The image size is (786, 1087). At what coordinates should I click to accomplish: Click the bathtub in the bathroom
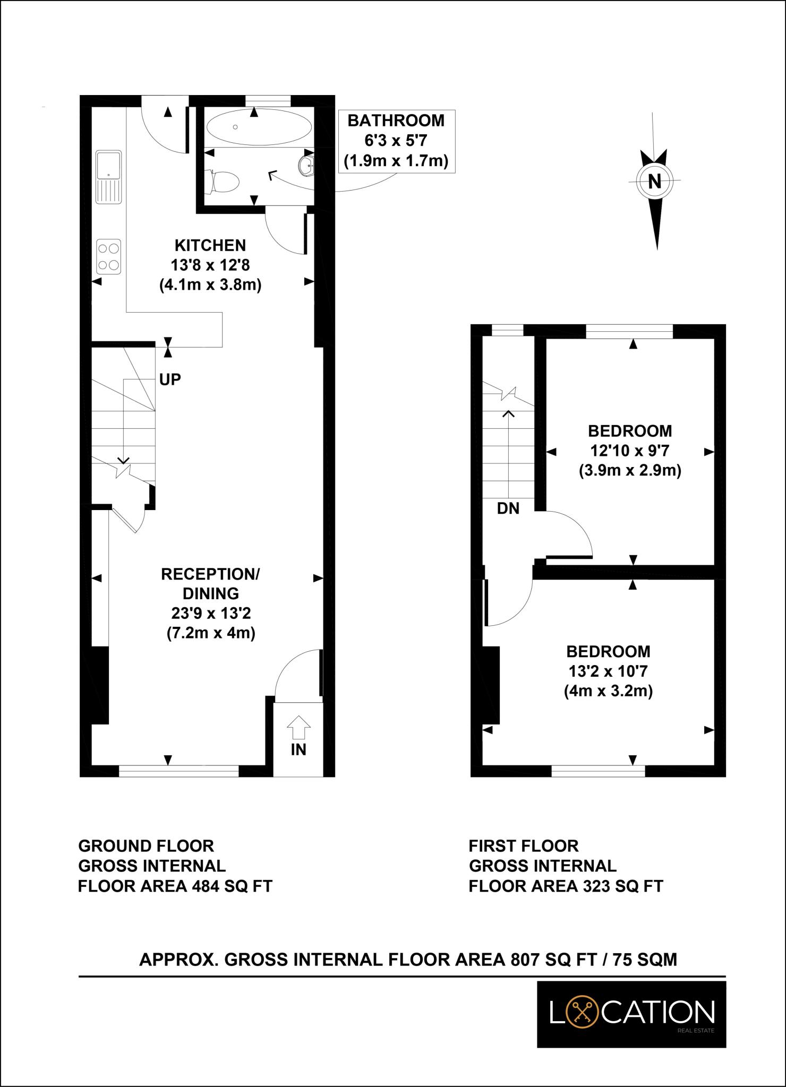point(259,127)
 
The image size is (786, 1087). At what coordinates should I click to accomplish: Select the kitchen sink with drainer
point(109,177)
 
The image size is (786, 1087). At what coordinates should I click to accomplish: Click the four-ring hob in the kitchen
point(109,256)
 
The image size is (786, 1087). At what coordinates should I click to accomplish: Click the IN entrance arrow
point(298,727)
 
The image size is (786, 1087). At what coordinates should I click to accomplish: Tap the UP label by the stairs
point(170,379)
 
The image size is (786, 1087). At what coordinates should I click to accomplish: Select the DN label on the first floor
point(508,508)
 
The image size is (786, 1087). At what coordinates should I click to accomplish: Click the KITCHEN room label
point(210,245)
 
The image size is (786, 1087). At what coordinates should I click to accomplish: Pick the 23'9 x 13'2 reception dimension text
point(210,614)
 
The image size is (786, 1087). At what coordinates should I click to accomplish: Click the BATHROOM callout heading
point(396,120)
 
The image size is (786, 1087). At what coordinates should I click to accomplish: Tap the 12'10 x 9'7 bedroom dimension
point(630,451)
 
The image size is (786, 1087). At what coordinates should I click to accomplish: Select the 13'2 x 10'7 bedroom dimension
point(608,671)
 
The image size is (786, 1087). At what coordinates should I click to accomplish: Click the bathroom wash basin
point(307,165)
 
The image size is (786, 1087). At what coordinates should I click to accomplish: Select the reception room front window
point(178,771)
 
